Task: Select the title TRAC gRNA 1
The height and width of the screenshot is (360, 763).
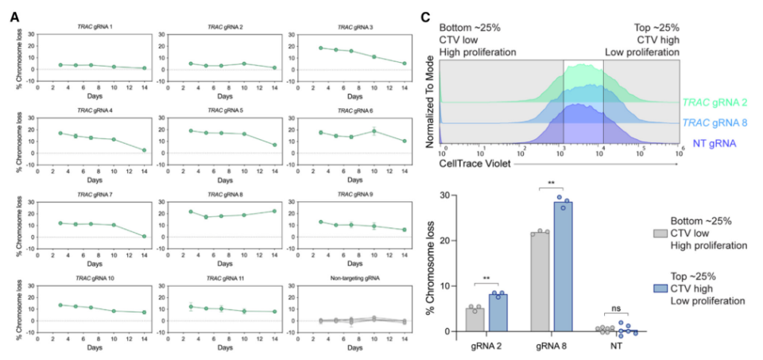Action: click(x=93, y=27)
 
